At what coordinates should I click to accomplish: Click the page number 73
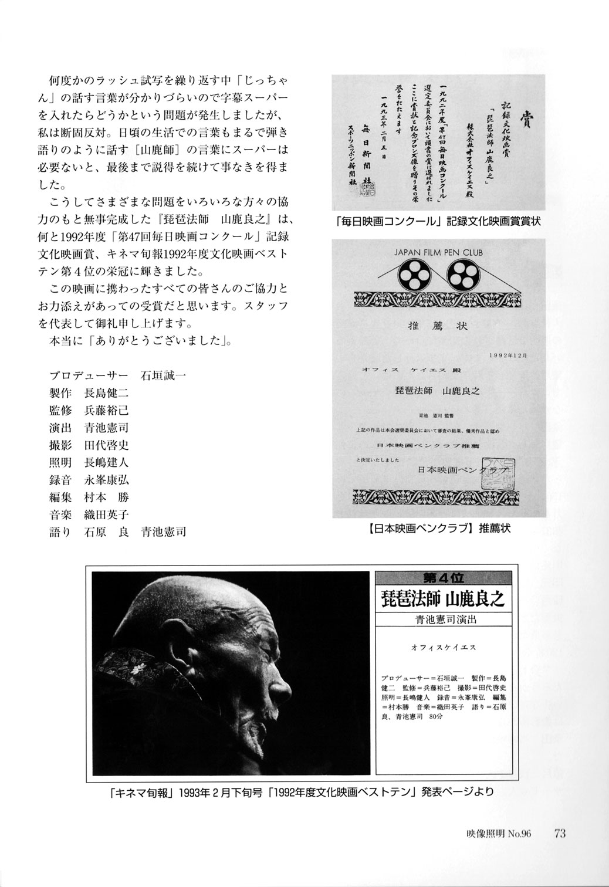click(x=559, y=833)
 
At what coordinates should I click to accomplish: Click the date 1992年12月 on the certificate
click(x=509, y=356)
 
